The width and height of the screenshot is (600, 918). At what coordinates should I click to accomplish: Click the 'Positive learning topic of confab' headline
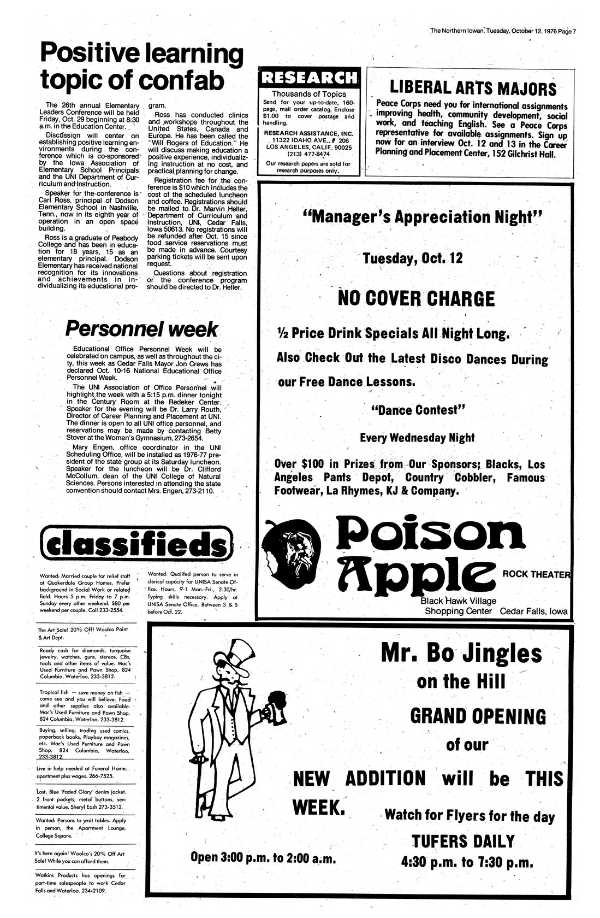click(141, 67)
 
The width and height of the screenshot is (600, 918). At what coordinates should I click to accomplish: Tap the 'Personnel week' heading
click(141, 329)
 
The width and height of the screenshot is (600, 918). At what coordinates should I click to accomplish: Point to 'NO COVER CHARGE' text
click(416, 299)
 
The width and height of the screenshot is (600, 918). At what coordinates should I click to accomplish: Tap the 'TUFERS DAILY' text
click(462, 840)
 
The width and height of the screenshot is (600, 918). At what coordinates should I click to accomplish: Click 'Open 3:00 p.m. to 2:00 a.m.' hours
click(262, 857)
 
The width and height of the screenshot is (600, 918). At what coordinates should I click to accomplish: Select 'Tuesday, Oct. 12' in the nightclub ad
click(413, 258)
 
